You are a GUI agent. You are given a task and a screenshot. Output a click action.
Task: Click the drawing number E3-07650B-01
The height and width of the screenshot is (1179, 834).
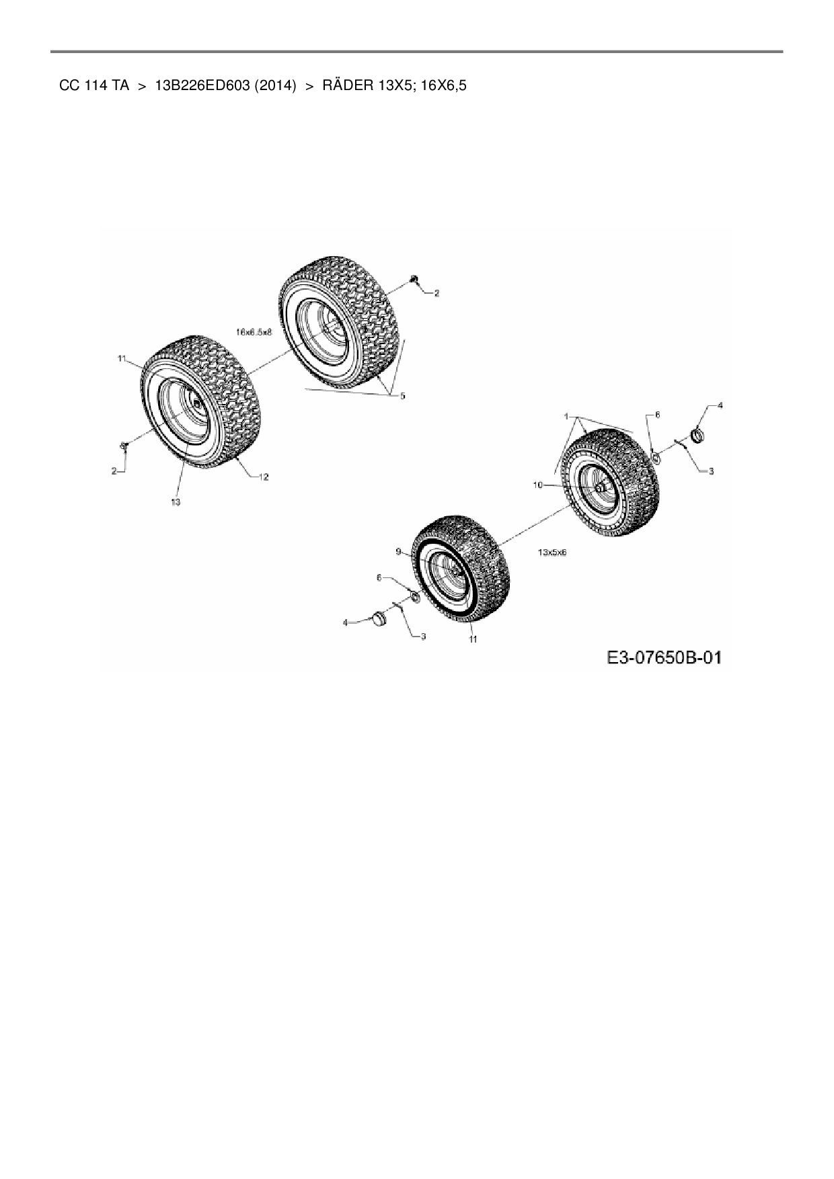[x=663, y=658]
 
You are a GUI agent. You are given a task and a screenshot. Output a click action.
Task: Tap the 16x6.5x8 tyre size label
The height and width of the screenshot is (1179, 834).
[x=254, y=331]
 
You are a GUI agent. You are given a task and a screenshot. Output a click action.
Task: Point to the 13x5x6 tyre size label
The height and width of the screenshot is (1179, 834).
[x=552, y=552]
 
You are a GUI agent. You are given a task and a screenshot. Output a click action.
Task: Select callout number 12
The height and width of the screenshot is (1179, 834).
[x=264, y=477]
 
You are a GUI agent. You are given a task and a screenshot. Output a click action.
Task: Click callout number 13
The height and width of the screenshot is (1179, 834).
[x=176, y=502]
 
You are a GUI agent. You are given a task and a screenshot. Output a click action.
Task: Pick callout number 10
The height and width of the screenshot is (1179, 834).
[x=537, y=485]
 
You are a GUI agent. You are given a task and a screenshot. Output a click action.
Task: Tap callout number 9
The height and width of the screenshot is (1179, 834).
[x=398, y=552]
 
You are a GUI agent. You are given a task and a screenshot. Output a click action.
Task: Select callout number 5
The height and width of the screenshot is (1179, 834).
[x=403, y=396]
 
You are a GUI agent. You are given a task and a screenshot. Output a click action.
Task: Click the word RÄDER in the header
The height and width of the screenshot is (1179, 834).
[x=343, y=86]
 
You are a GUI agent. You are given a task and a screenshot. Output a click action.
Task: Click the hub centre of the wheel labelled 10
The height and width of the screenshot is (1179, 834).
[x=598, y=485]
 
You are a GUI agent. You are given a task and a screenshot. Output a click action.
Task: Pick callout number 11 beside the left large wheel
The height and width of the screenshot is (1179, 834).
[x=122, y=360]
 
